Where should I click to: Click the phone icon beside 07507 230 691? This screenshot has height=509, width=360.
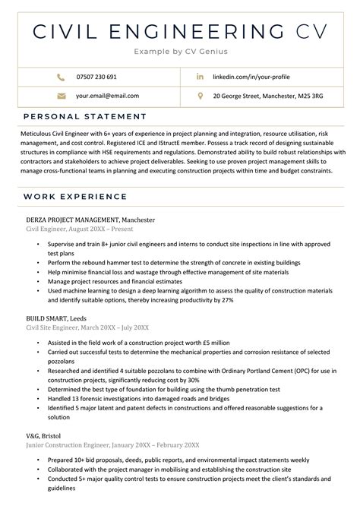(x=61, y=77)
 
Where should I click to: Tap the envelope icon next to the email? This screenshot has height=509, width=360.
(x=61, y=96)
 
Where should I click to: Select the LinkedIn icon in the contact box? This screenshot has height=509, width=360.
(x=200, y=77)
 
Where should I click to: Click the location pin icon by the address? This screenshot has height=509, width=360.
(x=200, y=96)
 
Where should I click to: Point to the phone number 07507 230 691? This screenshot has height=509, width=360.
(x=96, y=77)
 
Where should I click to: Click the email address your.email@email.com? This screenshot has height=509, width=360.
(x=107, y=96)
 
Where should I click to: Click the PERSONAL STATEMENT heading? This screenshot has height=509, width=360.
(x=84, y=116)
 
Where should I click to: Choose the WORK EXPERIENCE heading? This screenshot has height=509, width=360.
(x=74, y=198)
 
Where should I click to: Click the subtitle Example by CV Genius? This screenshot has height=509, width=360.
(x=180, y=52)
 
